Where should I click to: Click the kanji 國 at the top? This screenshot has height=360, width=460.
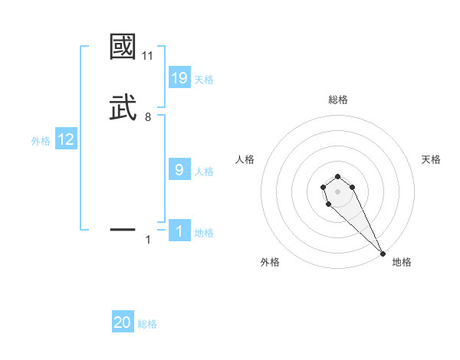tap(123, 47)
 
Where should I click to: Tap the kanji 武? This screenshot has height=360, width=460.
tap(123, 107)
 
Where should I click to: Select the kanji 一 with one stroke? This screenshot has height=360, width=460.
tap(123, 229)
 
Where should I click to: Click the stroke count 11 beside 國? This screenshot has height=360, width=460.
tap(148, 56)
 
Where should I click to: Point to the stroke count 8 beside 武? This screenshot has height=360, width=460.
tap(148, 117)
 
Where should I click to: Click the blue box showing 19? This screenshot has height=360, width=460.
tap(179, 77)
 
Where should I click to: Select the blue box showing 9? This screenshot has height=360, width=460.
tap(179, 169)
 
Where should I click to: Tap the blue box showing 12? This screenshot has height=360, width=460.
tap(66, 139)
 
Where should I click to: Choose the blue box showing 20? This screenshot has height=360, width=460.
tap(123, 322)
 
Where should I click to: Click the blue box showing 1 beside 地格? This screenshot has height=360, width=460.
tap(179, 231)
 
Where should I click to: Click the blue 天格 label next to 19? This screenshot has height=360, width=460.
tap(204, 80)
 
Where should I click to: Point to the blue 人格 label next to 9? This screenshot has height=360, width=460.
tap(204, 172)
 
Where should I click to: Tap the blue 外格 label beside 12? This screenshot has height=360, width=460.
tap(41, 141)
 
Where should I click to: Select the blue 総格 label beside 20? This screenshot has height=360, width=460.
tap(147, 325)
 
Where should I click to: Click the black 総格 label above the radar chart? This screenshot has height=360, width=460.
tap(337, 100)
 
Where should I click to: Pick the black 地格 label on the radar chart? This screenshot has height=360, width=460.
tap(402, 262)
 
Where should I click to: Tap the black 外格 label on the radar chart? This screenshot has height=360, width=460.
tap(270, 262)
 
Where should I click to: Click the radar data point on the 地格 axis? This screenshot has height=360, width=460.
tap(383, 254)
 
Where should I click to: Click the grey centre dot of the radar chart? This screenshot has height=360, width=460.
tap(337, 191)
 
